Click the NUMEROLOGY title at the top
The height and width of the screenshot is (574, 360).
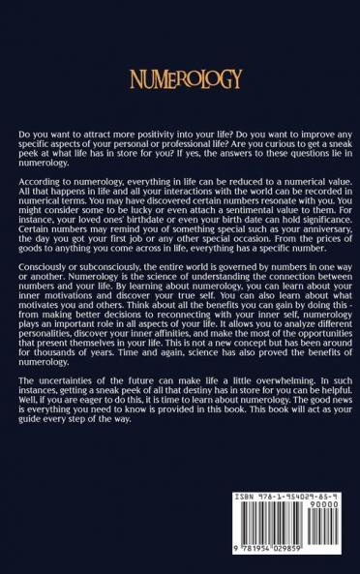[x=180, y=80]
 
